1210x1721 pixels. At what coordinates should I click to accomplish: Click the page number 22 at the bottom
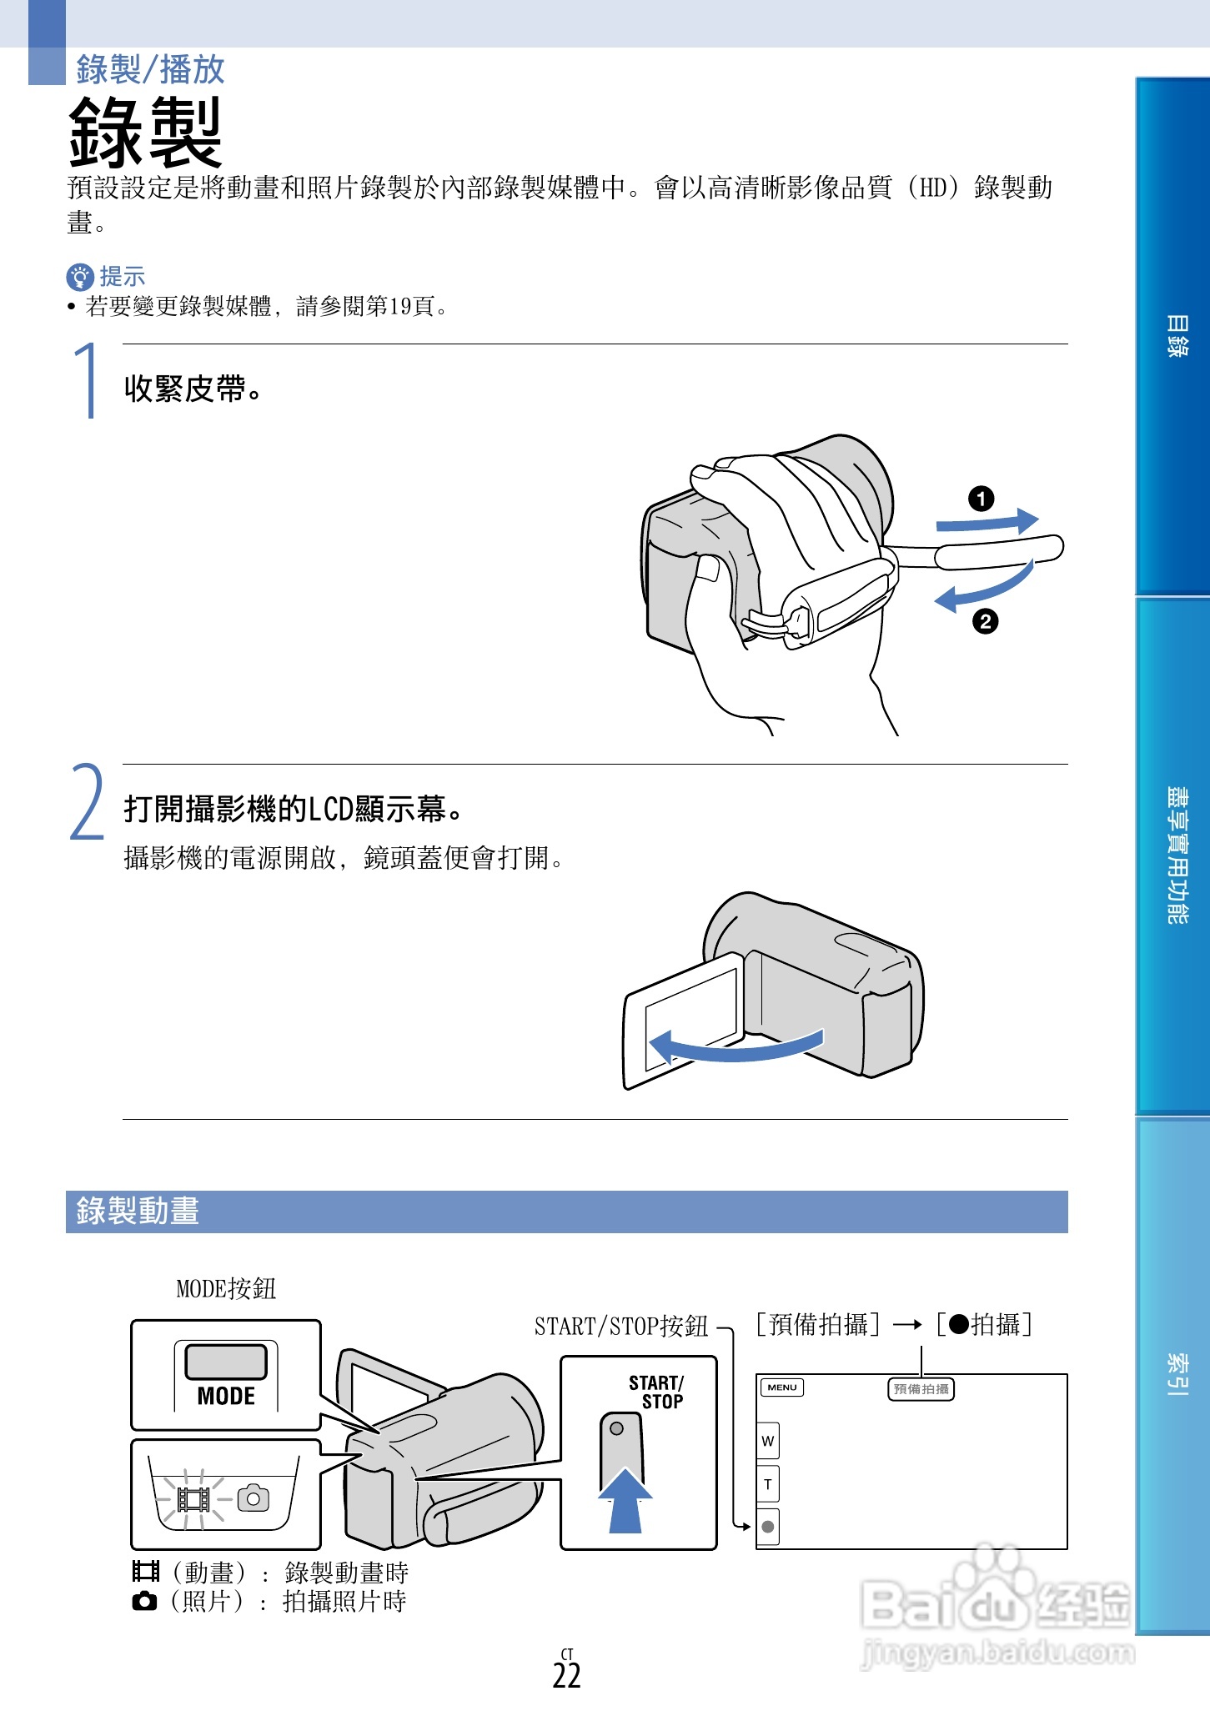click(x=566, y=1675)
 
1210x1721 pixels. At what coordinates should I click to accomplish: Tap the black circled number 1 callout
click(x=981, y=499)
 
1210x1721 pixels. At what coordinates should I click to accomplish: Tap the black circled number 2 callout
click(x=985, y=621)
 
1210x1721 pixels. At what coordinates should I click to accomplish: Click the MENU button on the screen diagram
click(x=781, y=1387)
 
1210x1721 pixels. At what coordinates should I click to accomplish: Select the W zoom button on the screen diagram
click(x=768, y=1441)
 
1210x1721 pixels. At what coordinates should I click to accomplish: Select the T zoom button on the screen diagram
click(x=768, y=1484)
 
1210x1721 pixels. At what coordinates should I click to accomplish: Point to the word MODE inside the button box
click(x=226, y=1396)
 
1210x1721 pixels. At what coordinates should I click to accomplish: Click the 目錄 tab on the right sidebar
click(x=1176, y=336)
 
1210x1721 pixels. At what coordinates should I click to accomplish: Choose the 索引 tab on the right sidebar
click(x=1176, y=1374)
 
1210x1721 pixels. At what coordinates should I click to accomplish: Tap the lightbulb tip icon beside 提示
click(x=79, y=277)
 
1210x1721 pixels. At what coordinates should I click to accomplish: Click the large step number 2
click(x=87, y=802)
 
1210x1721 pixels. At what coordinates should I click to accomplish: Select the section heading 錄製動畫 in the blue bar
click(x=138, y=1211)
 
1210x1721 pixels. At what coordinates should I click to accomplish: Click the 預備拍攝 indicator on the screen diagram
click(x=921, y=1388)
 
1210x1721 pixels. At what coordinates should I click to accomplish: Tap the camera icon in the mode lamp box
click(x=254, y=1498)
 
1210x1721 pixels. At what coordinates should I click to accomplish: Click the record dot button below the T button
click(x=768, y=1527)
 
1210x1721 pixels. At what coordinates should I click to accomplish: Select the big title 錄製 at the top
click(x=145, y=133)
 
